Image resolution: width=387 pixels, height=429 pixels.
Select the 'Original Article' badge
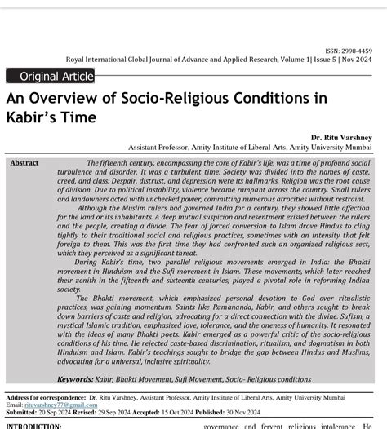click(x=50, y=76)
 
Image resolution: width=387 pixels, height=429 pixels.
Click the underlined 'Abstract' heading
click(x=24, y=163)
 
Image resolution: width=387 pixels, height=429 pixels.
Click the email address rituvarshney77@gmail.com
click(x=61, y=405)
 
